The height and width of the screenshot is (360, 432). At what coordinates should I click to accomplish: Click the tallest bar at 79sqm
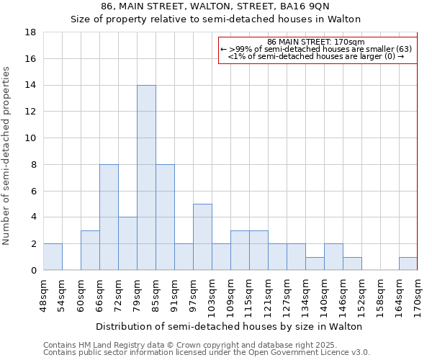(146, 178)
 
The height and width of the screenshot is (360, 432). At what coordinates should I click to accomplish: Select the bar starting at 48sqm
(53, 257)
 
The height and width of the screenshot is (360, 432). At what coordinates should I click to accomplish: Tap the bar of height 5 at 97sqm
(202, 237)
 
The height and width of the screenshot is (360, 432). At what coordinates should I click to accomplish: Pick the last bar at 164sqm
(408, 264)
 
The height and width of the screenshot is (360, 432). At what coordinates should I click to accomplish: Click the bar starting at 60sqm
(90, 251)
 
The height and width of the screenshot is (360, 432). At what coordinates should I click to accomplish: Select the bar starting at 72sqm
(127, 243)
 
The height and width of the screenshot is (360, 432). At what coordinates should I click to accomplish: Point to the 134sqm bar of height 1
(315, 264)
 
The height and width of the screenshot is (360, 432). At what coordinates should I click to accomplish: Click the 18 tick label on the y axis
(31, 32)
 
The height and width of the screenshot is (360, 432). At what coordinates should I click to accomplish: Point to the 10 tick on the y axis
(31, 138)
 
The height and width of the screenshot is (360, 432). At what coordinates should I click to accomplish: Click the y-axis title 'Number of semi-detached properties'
(7, 156)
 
